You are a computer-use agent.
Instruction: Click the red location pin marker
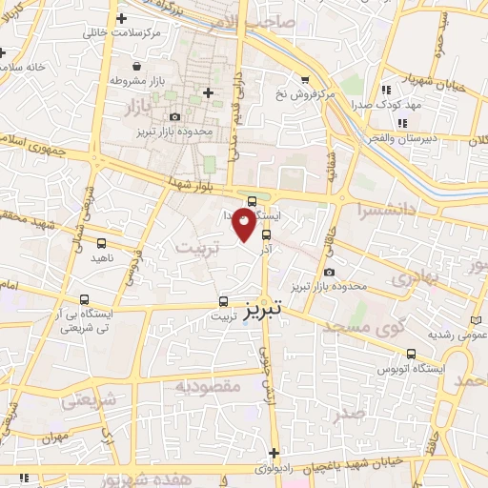245,223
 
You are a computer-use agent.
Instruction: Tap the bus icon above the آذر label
266,234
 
